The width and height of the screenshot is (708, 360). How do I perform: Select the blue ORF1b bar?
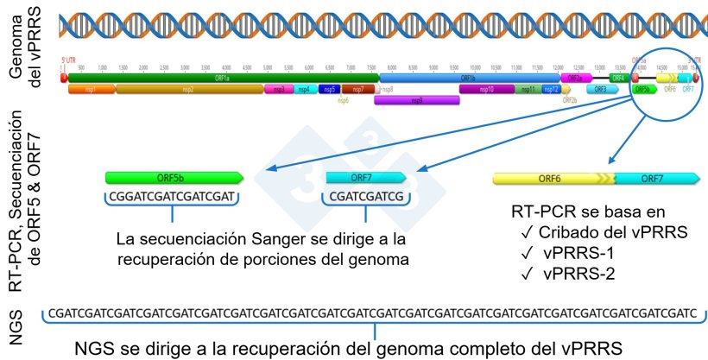[x=471, y=78]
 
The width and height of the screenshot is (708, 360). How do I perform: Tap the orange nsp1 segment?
[x=92, y=89]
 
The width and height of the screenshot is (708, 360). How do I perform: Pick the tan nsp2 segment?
[x=190, y=89]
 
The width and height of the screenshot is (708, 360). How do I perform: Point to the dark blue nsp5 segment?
[x=328, y=89]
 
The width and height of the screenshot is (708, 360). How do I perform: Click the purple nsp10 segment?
[x=487, y=89]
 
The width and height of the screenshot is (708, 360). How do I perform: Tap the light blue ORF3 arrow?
[x=601, y=89]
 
